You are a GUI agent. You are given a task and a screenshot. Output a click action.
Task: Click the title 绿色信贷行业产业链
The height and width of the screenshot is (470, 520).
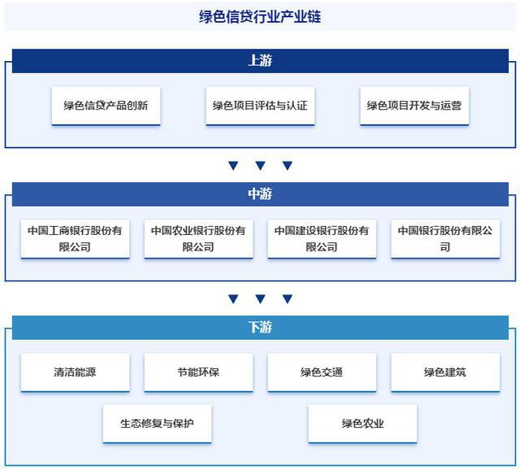click(x=260, y=16)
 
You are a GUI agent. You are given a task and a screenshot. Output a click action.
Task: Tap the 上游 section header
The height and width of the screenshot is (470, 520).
click(x=260, y=61)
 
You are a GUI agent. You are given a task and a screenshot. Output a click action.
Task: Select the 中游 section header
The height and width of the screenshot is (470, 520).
click(x=260, y=194)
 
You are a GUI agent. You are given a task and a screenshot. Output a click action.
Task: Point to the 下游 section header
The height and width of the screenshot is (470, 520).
click(x=260, y=328)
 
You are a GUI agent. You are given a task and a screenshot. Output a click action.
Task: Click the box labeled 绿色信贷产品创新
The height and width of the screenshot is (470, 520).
click(x=106, y=106)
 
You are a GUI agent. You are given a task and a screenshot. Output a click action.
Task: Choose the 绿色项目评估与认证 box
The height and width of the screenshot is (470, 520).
click(x=260, y=106)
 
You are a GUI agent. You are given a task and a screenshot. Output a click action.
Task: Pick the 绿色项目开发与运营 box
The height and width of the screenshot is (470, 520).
click(x=414, y=106)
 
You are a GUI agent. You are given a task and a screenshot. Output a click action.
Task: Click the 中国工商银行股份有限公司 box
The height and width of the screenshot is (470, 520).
click(x=75, y=239)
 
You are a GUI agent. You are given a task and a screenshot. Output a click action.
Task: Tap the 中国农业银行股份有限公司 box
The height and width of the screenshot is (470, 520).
click(x=198, y=239)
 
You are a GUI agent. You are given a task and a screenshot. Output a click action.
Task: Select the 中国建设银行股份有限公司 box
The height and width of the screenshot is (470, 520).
click(x=322, y=239)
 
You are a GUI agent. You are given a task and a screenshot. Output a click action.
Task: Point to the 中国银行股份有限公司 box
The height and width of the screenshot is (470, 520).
click(x=445, y=239)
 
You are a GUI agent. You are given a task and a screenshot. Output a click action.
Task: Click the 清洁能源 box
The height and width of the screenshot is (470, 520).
click(x=75, y=372)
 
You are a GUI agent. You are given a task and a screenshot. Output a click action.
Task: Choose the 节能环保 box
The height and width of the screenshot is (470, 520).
click(x=198, y=372)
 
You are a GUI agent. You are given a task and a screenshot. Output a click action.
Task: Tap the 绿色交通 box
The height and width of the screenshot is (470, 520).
click(x=322, y=372)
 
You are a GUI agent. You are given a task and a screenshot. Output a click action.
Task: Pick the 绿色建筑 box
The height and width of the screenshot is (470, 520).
click(x=445, y=372)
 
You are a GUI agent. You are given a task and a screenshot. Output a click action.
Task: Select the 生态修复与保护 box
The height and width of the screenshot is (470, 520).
click(x=157, y=424)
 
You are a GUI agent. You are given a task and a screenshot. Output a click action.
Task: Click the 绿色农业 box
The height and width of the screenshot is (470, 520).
click(x=362, y=424)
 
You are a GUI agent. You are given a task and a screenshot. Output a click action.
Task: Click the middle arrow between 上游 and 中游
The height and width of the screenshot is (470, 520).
click(x=260, y=165)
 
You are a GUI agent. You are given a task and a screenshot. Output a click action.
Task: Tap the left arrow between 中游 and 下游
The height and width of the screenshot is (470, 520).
click(x=233, y=298)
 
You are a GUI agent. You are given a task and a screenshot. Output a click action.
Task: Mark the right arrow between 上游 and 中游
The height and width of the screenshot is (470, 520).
click(x=287, y=165)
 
